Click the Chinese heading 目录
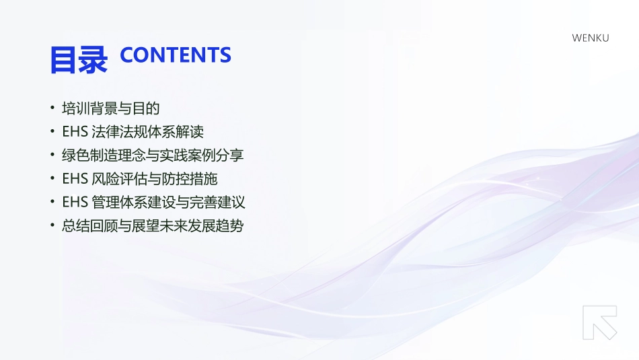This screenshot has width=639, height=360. click(78, 59)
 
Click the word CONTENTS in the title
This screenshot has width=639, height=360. click(176, 55)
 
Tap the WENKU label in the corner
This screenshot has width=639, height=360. click(591, 38)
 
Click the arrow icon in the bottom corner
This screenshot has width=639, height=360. click(600, 322)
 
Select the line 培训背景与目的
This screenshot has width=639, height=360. click(110, 108)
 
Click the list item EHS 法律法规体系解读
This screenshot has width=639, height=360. click(133, 132)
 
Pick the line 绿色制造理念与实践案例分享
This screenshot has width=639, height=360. click(152, 155)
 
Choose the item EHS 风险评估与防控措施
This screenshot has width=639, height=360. click(140, 179)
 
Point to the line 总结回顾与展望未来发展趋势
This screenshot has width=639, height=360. click(152, 225)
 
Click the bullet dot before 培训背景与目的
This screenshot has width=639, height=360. click(52, 108)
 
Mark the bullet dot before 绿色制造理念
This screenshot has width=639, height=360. click(52, 155)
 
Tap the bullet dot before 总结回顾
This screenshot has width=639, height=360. click(52, 225)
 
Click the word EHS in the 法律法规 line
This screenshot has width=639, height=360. click(75, 132)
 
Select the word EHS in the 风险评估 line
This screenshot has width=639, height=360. click(75, 179)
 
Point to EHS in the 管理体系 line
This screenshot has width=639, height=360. click(75, 202)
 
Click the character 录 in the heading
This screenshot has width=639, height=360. click(93, 59)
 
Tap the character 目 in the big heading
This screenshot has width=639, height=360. click(63, 59)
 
